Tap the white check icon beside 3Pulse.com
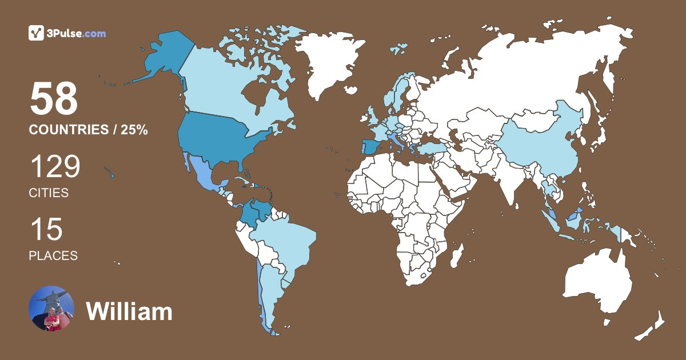tap(37, 33)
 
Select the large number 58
tap(54, 99)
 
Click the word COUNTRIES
tap(69, 130)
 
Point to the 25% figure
tap(134, 130)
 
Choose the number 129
tap(55, 167)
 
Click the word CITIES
tap(49, 193)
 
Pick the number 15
tap(46, 230)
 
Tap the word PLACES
tap(53, 256)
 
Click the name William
tap(129, 311)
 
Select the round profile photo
tap(51, 309)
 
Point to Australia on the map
tap(597, 283)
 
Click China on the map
tap(543, 143)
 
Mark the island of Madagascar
tap(456, 254)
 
